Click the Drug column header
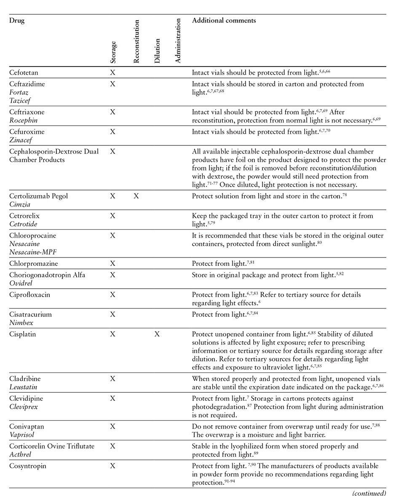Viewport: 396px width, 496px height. tap(17, 21)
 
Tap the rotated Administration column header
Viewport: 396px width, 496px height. tap(178, 40)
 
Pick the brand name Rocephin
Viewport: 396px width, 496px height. tap(23, 120)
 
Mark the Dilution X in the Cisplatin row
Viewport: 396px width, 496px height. tap(157, 334)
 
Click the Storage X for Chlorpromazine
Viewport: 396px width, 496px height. tap(112, 263)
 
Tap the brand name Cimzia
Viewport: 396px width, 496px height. tap(19, 204)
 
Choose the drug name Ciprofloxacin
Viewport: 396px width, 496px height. tap(29, 295)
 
